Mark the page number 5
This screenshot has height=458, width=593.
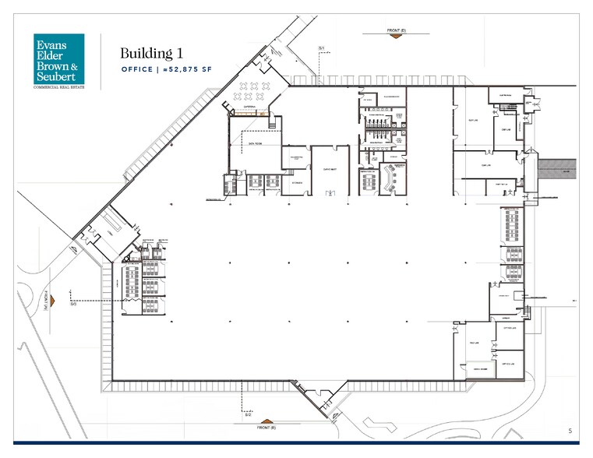tap(570, 431)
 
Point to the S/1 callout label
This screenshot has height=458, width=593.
tap(321, 48)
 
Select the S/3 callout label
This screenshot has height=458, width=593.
tap(72, 305)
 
